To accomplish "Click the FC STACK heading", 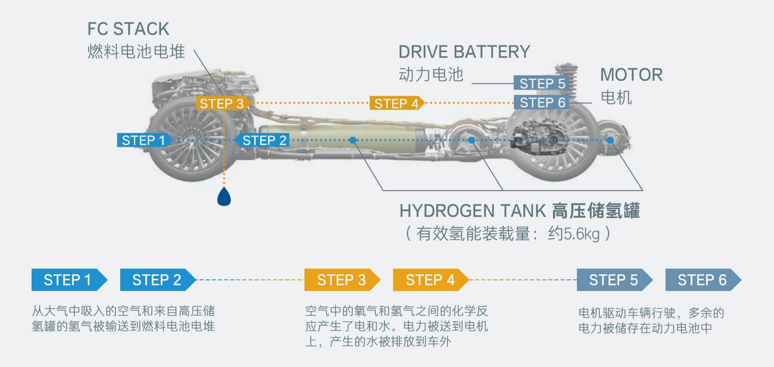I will pyautogui.click(x=128, y=29).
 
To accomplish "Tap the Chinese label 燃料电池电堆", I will pyautogui.click(x=135, y=51).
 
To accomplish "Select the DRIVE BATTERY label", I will pyautogui.click(x=464, y=52).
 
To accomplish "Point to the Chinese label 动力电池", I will pyautogui.click(x=431, y=75).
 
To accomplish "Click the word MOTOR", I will pyautogui.click(x=631, y=75).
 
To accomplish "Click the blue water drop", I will pyautogui.click(x=224, y=196).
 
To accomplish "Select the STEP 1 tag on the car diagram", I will pyautogui.click(x=144, y=140).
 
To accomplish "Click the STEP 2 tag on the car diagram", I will pyautogui.click(x=263, y=140).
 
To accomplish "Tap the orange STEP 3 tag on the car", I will pyautogui.click(x=222, y=103).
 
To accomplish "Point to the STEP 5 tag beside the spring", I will pyautogui.click(x=542, y=83).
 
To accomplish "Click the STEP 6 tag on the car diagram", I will pyautogui.click(x=542, y=102).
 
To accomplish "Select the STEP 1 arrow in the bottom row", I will pyautogui.click(x=68, y=280).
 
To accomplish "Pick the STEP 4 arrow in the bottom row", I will pyautogui.click(x=430, y=280).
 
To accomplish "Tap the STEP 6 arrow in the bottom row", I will pyautogui.click(x=702, y=280).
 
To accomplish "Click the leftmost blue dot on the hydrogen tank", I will pyautogui.click(x=352, y=140).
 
